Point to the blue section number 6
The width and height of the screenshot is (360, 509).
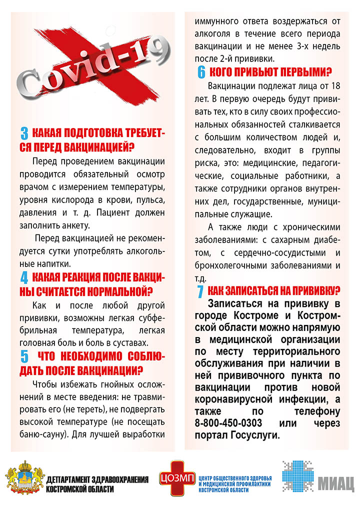201,71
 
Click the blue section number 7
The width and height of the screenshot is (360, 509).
200,291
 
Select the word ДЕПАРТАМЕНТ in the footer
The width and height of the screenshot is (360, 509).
66,480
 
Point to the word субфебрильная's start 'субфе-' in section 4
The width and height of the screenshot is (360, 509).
153,318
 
